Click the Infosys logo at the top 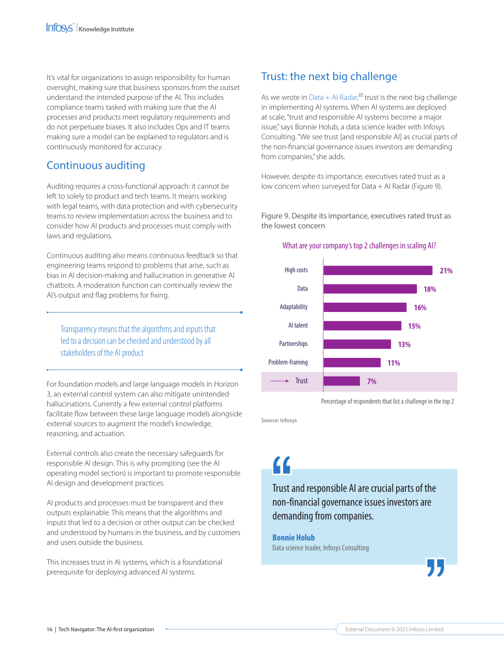click(60, 28)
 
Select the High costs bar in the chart click(378, 270)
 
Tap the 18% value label click(430, 289)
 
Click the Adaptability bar click(365, 308)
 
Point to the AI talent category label click(298, 325)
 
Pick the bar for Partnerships click(357, 344)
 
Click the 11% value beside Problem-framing click(394, 363)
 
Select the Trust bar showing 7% click(342, 381)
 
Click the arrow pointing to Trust click(279, 381)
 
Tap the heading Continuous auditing click(96, 166)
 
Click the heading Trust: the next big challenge click(329, 76)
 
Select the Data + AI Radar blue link click(333, 97)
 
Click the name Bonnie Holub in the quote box click(294, 538)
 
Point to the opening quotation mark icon click(282, 465)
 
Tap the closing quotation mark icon click(436, 567)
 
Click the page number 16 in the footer click(49, 629)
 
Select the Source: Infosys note click(279, 420)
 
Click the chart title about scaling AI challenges click(359, 246)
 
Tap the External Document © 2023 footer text click(394, 629)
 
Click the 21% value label click(446, 271)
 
